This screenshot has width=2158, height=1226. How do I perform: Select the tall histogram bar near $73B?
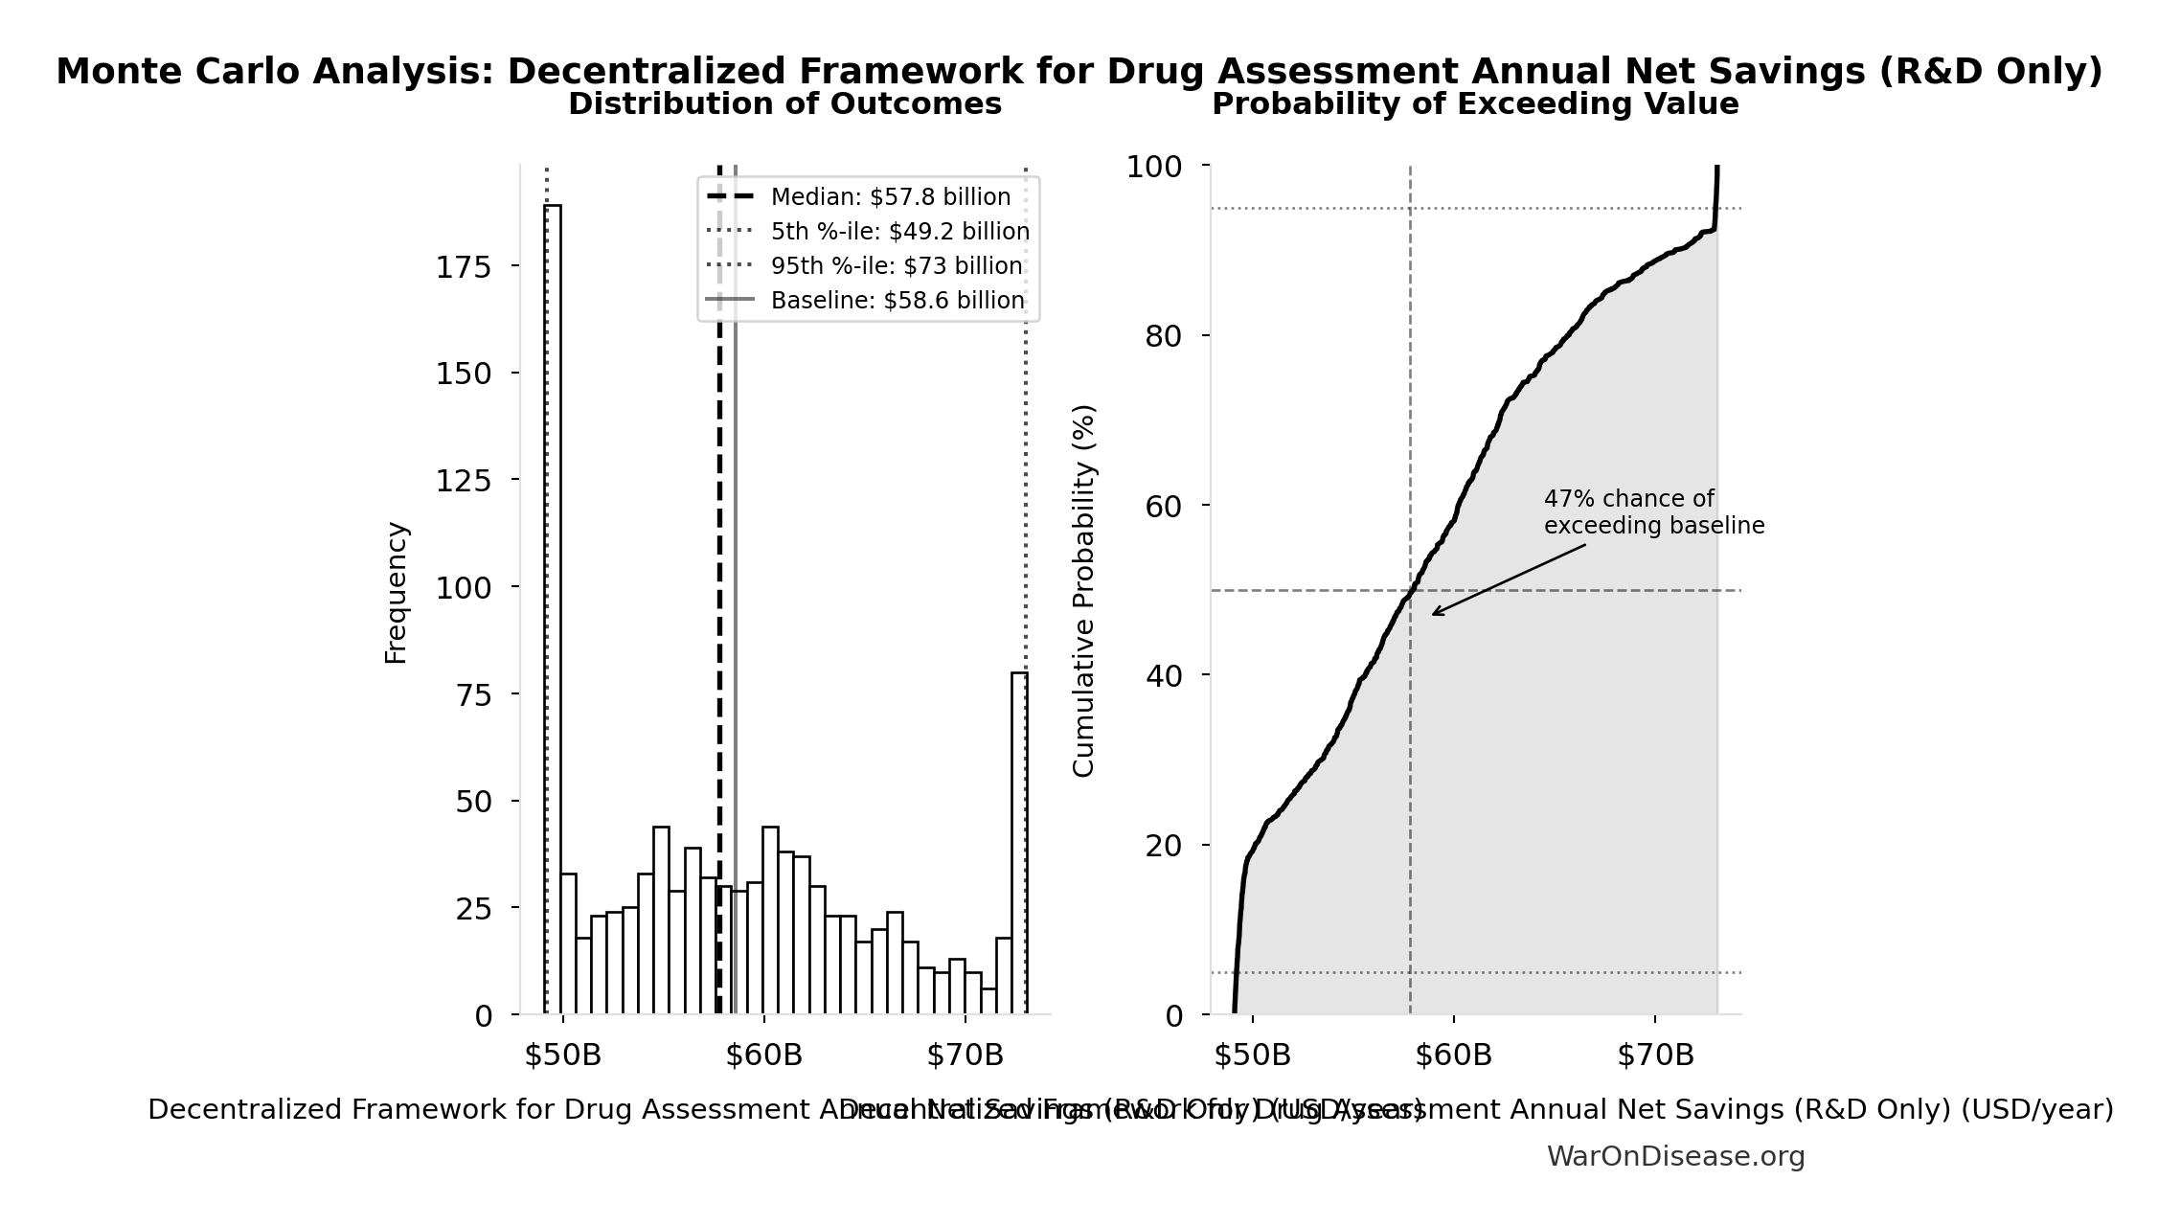pyautogui.click(x=1019, y=843)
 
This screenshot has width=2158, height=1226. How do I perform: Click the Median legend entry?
pyautogui.click(x=890, y=197)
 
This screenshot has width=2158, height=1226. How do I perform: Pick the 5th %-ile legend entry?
pyautogui.click(x=899, y=232)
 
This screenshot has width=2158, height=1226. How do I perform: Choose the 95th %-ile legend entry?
pyautogui.click(x=896, y=266)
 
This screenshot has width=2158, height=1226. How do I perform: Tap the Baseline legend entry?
pyautogui.click(x=897, y=301)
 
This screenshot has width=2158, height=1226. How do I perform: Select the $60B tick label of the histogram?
pyautogui.click(x=763, y=1056)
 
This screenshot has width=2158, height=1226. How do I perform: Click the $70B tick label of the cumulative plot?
pyautogui.click(x=1655, y=1056)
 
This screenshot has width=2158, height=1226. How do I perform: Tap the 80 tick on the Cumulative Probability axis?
pyautogui.click(x=1164, y=337)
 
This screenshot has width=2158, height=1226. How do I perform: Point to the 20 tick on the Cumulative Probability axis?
pyautogui.click(x=1164, y=847)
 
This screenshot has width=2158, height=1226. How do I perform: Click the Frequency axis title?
pyautogui.click(x=396, y=592)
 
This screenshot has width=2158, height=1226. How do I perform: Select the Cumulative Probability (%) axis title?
pyautogui.click(x=1083, y=590)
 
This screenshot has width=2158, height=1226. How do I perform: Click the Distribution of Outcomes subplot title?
pyautogui.click(x=784, y=104)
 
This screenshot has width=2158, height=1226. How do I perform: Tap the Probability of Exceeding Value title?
pyautogui.click(x=1475, y=104)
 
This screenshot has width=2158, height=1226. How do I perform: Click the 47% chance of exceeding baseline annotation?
pyautogui.click(x=1653, y=512)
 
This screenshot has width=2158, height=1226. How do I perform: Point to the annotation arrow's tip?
pyautogui.click(x=1434, y=614)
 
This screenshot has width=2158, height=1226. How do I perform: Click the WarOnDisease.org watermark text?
pyautogui.click(x=1675, y=1157)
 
